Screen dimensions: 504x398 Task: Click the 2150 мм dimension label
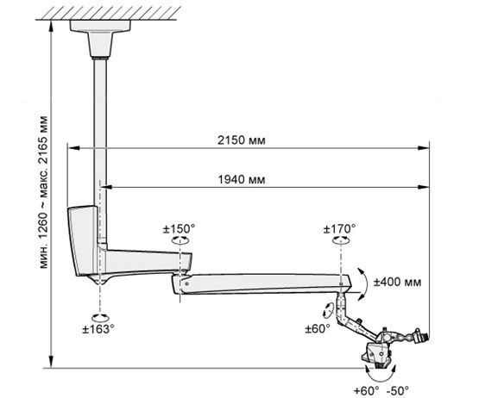point(242,140)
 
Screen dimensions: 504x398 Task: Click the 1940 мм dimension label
point(242,179)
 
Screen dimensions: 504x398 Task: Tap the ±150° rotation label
point(179,229)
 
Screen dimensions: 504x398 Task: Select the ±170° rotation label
point(339,229)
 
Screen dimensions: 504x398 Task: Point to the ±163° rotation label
point(98,329)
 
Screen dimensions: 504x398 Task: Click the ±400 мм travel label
point(397,282)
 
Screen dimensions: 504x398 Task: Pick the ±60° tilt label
point(318,329)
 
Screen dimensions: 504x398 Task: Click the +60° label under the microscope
point(367,391)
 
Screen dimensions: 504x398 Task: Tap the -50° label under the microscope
point(398,391)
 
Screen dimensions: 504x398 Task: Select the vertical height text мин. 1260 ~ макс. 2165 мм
point(44,192)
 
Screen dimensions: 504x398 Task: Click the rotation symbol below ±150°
point(180,240)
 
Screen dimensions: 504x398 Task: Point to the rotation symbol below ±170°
point(340,240)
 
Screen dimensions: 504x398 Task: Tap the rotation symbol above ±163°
point(100,318)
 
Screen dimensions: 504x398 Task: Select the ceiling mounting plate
point(100,26)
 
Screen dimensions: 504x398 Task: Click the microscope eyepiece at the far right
point(422,337)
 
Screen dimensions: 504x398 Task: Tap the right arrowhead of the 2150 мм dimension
point(424,148)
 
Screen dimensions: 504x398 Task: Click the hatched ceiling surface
point(108,14)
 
